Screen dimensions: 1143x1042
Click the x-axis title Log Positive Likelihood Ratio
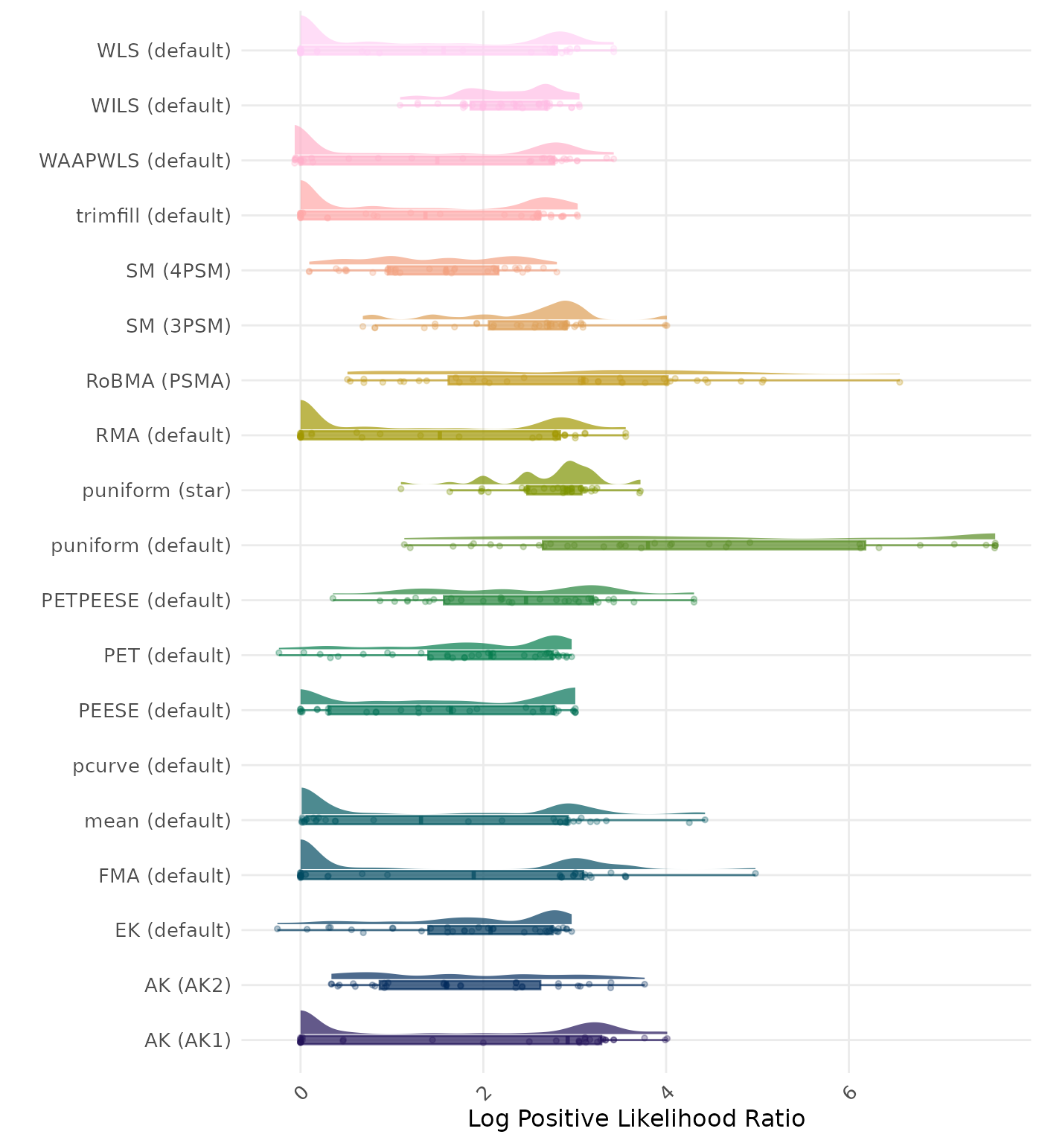tap(636, 1118)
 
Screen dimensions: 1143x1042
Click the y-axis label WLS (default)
tap(164, 51)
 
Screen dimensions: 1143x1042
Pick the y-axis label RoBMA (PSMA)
tap(158, 381)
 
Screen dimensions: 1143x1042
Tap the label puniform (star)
tap(156, 490)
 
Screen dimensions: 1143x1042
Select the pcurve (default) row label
tap(152, 766)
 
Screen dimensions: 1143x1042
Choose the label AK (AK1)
tap(188, 1040)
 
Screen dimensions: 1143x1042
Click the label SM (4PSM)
tap(179, 271)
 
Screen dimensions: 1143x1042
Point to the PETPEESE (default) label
tap(136, 601)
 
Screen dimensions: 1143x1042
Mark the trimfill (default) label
tap(153, 216)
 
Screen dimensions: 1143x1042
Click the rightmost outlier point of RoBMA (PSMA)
tap(899, 382)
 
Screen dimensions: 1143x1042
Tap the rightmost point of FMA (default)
tap(755, 873)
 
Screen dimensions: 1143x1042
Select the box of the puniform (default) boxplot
tap(703, 545)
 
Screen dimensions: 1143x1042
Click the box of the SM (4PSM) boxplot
tap(443, 270)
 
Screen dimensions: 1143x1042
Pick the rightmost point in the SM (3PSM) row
tap(666, 325)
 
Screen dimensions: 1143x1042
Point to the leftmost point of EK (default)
tap(277, 929)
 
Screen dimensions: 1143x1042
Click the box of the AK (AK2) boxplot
tap(460, 985)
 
